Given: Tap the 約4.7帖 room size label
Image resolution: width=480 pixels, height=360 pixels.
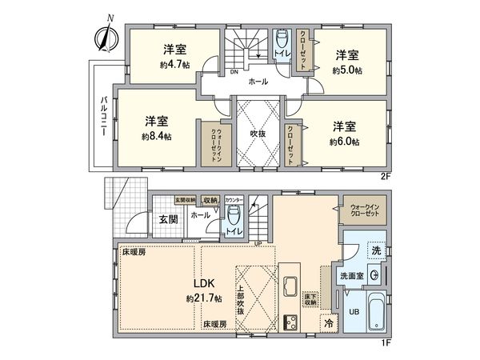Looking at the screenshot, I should [174, 64].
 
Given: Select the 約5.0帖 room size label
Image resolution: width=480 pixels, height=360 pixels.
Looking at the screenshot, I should [347, 70].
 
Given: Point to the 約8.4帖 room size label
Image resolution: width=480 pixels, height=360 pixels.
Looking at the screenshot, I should [156, 136].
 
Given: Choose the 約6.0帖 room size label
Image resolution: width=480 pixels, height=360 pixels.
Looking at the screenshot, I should [346, 142].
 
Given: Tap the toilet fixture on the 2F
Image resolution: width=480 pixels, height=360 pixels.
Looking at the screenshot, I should [282, 42].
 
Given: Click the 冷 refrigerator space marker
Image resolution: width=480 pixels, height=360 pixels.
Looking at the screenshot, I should [329, 323].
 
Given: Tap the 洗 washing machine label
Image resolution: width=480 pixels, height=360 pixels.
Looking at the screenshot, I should [376, 250].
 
